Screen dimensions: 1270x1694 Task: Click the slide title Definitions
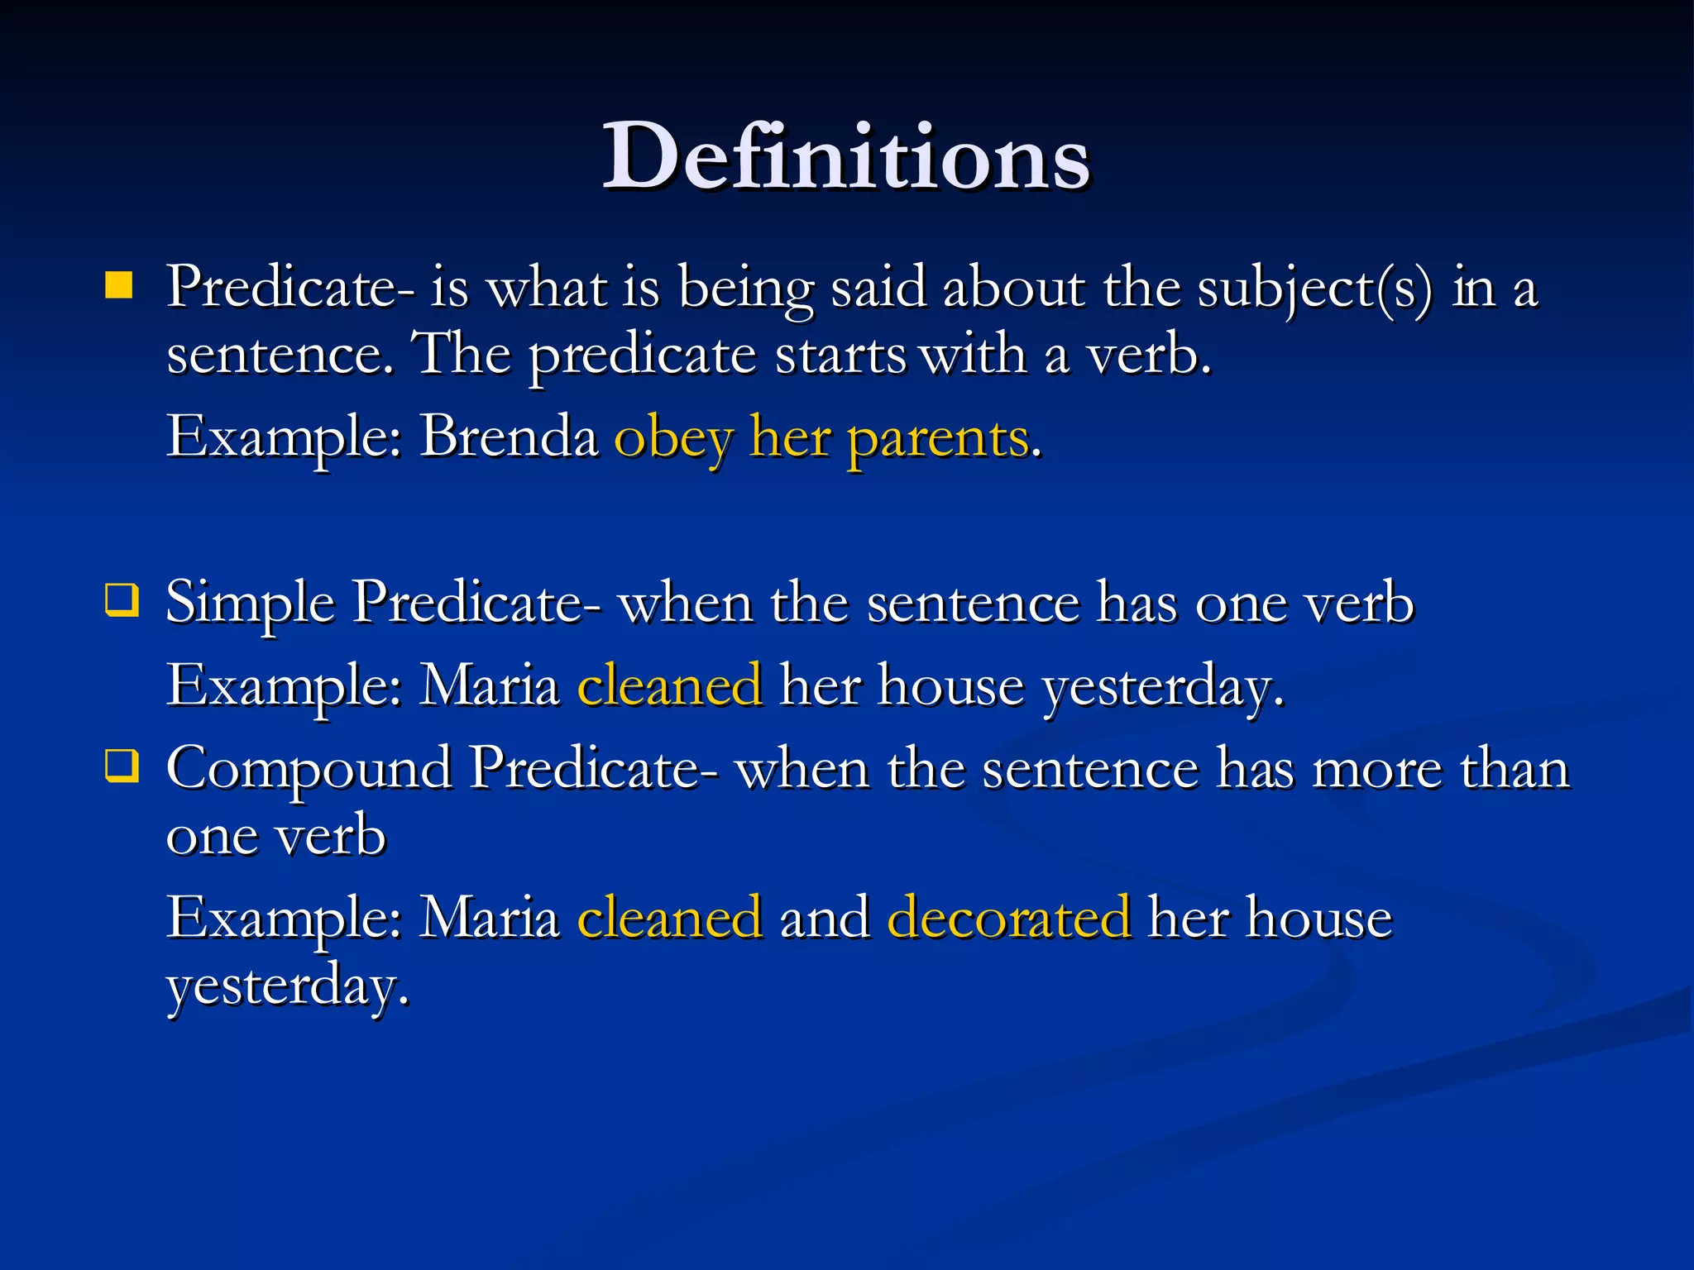pyautogui.click(x=845, y=156)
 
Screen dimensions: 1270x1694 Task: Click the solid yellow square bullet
pyautogui.click(x=119, y=285)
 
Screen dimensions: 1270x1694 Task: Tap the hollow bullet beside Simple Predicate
pyautogui.click(x=121, y=600)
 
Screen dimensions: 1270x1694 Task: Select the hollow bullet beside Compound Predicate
pyautogui.click(x=121, y=766)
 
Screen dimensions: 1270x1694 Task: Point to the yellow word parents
pyautogui.click(x=938, y=438)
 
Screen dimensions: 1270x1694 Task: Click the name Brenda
pyautogui.click(x=509, y=436)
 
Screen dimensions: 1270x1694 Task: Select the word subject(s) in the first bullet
pyautogui.click(x=1314, y=289)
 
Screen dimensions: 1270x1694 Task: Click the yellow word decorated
pyautogui.click(x=1008, y=917)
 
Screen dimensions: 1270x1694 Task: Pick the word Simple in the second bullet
pyautogui.click(x=250, y=603)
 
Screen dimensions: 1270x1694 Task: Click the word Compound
pyautogui.click(x=309, y=770)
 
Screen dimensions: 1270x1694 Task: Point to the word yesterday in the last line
pyautogui.click(x=287, y=986)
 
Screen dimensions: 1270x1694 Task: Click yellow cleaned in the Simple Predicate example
pyautogui.click(x=669, y=685)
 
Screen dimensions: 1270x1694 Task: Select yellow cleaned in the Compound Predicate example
pyautogui.click(x=669, y=917)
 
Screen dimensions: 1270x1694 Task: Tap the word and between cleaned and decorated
pyautogui.click(x=824, y=917)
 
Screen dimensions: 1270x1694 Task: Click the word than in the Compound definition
pyautogui.click(x=1515, y=768)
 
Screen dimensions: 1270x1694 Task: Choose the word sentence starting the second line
pyautogui.click(x=280, y=356)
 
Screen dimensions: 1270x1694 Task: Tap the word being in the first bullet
pyautogui.click(x=746, y=289)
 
